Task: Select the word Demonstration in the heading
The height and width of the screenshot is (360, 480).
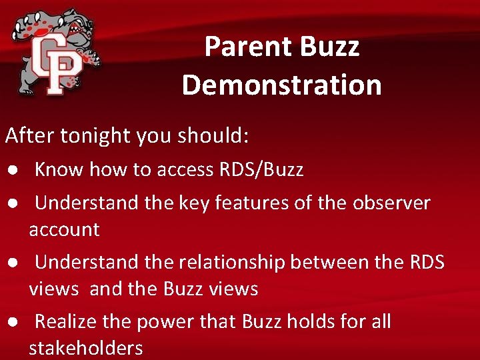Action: (281, 85)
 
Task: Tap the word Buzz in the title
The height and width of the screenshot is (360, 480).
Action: (329, 47)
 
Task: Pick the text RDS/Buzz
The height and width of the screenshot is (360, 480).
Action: (261, 170)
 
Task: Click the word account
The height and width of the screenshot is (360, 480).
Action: (64, 230)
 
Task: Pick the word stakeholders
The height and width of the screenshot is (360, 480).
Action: (86, 348)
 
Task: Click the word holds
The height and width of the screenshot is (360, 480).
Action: (310, 322)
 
